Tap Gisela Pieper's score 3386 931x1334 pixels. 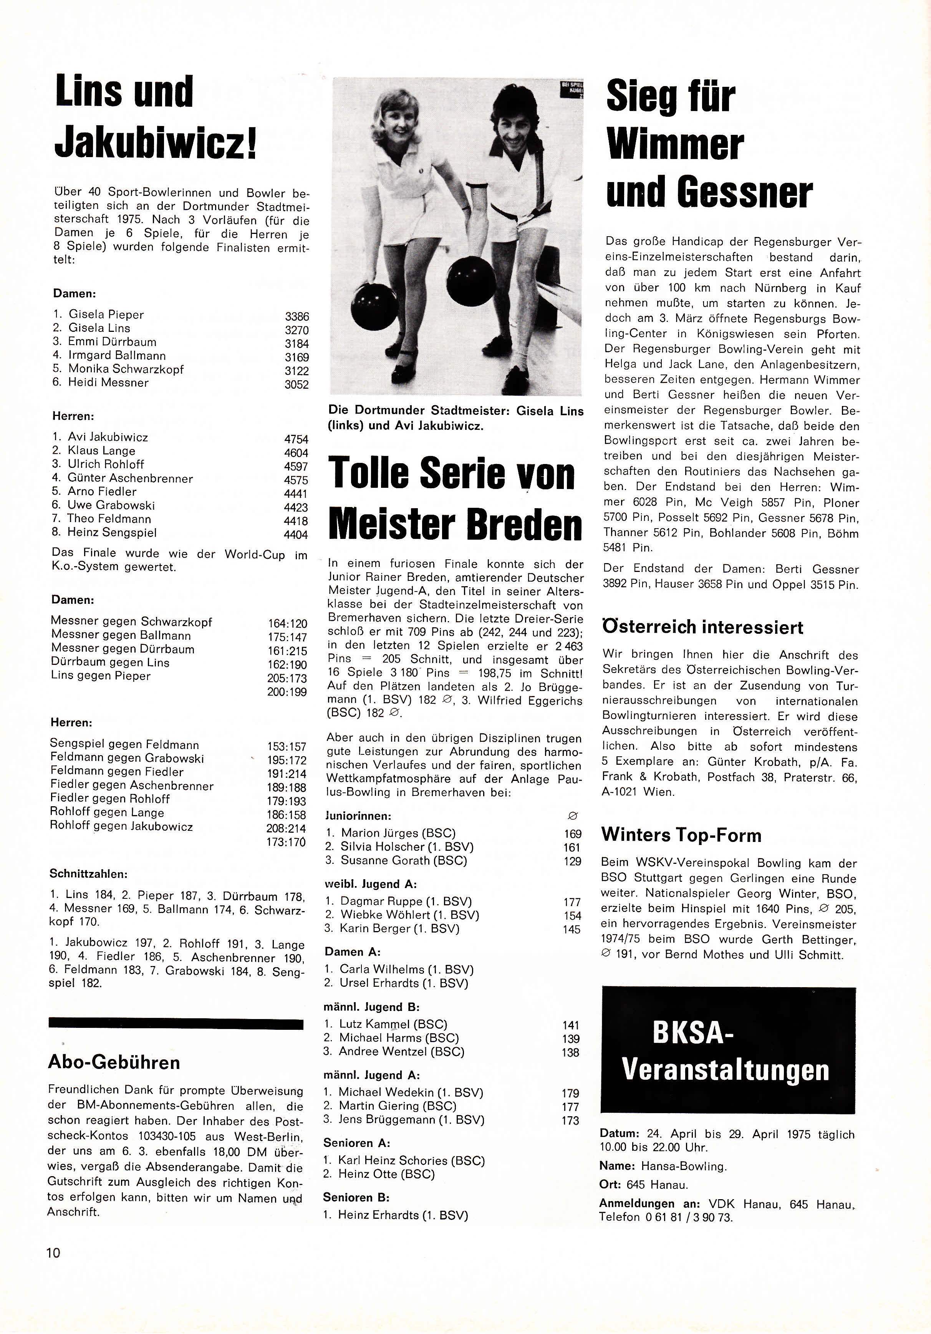pos(297,317)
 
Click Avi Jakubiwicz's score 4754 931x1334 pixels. pos(296,439)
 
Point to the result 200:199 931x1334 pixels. pos(287,692)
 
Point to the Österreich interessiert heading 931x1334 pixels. pos(703,628)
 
